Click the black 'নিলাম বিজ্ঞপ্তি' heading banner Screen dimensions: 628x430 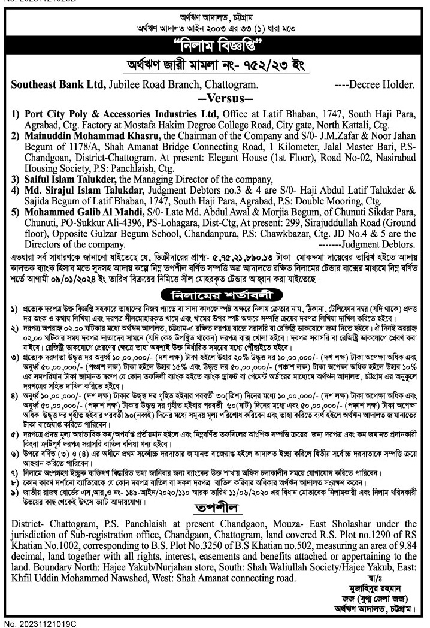click(215, 46)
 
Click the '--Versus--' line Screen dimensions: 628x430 click(215, 98)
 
